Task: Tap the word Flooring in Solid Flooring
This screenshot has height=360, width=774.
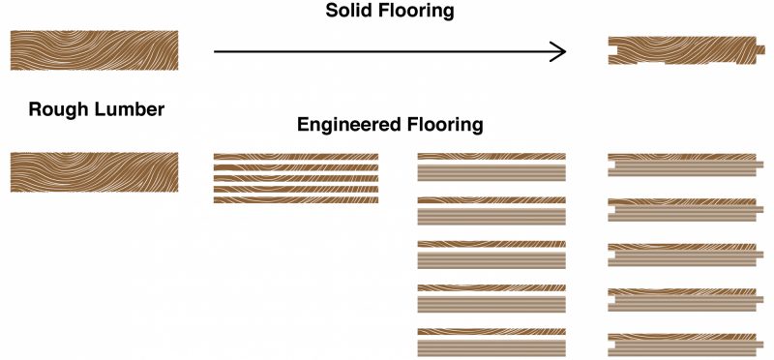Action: (420, 12)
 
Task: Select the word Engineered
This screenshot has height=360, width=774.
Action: (349, 125)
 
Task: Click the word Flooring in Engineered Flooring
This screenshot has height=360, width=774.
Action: (445, 125)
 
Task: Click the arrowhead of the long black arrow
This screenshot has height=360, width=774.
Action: (558, 51)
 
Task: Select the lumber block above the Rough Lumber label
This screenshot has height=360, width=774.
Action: (94, 50)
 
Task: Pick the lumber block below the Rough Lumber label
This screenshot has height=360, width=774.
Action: (94, 172)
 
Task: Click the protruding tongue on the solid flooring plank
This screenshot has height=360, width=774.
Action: (760, 50)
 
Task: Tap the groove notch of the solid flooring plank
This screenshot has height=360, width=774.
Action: (611, 50)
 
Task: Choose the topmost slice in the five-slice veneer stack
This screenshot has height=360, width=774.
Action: (296, 157)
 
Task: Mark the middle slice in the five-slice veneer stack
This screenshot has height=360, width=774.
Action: (296, 178)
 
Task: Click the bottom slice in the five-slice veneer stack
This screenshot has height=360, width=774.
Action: (296, 200)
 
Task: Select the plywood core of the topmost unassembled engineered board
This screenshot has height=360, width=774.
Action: (491, 173)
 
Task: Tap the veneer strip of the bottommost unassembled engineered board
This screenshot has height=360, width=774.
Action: (491, 331)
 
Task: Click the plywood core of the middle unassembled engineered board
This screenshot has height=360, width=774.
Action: (491, 260)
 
